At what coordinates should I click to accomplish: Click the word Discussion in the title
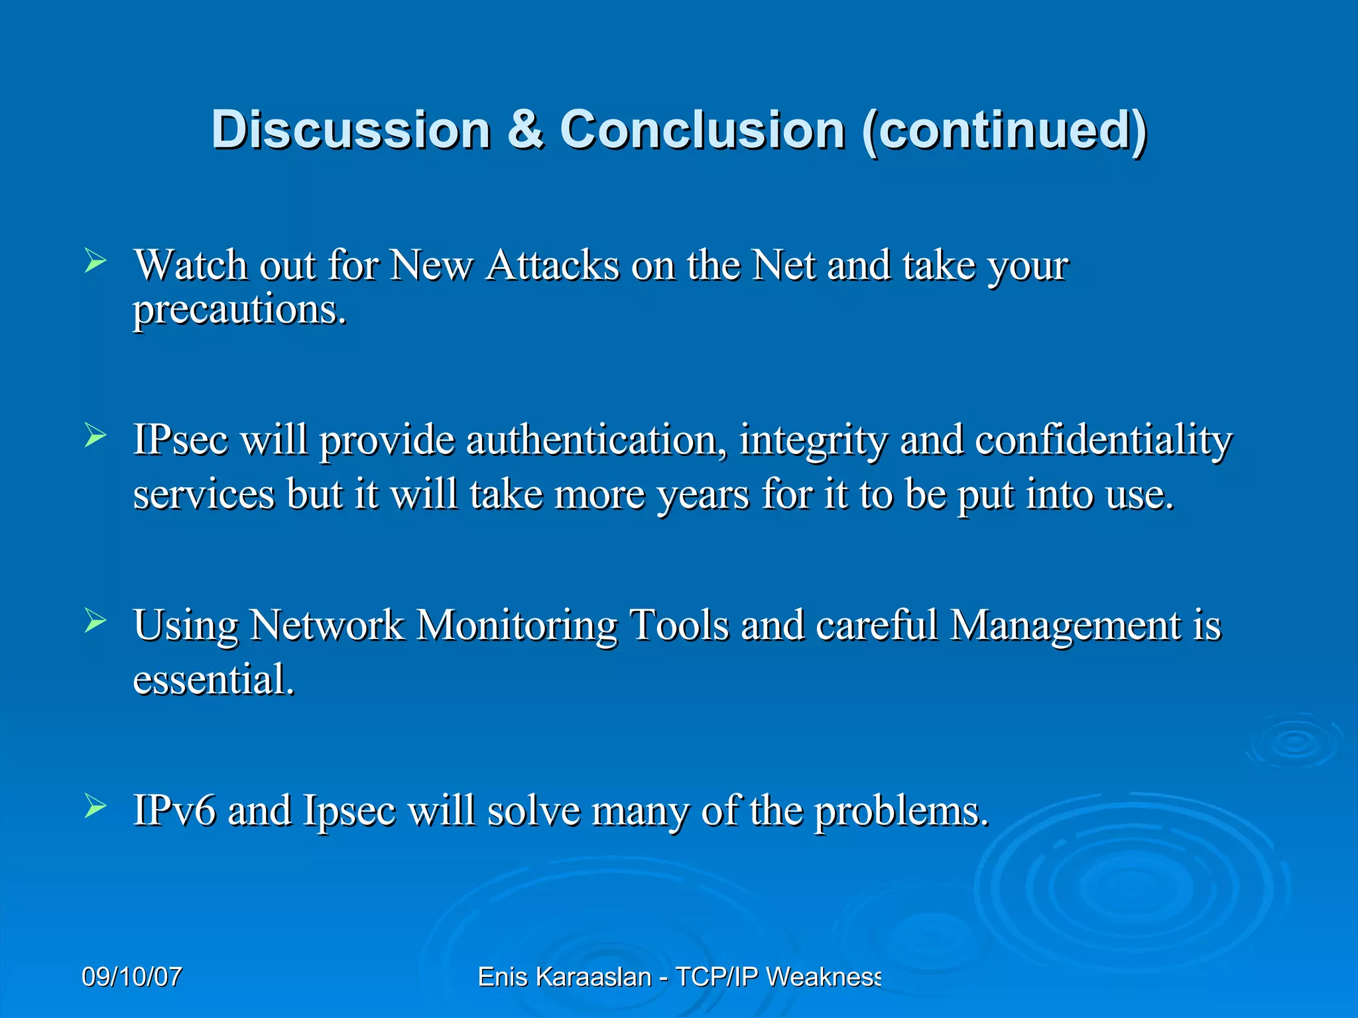(x=351, y=129)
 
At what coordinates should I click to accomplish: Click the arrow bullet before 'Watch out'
(x=95, y=261)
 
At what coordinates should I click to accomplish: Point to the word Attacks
(x=552, y=266)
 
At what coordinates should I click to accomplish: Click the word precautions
(x=239, y=310)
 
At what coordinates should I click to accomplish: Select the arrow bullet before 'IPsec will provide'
(x=95, y=435)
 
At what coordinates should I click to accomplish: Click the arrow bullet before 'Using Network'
(x=95, y=621)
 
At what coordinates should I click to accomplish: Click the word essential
(x=214, y=679)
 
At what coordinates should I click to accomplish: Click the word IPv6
(x=174, y=811)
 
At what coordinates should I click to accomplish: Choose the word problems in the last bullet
(x=901, y=812)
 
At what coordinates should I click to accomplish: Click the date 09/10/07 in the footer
(x=132, y=977)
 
